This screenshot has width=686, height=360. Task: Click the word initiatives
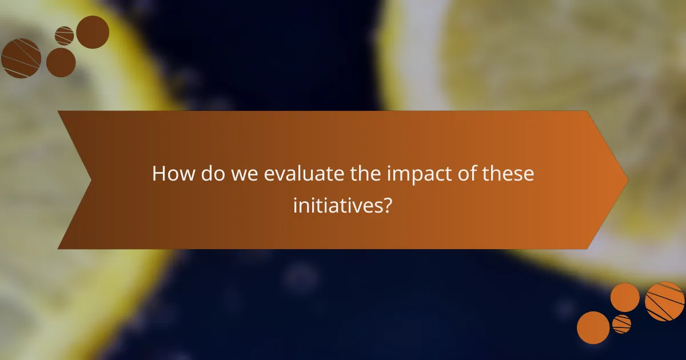[336, 204]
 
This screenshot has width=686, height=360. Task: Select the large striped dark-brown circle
[21, 58]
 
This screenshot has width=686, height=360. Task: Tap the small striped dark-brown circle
[65, 36]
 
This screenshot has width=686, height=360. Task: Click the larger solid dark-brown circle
[93, 32]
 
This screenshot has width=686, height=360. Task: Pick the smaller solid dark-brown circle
[61, 62]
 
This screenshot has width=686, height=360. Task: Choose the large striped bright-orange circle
[665, 301]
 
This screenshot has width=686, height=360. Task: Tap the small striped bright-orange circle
[621, 324]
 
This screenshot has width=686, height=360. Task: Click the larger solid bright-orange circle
[593, 327]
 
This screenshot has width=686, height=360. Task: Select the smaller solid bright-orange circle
[625, 297]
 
